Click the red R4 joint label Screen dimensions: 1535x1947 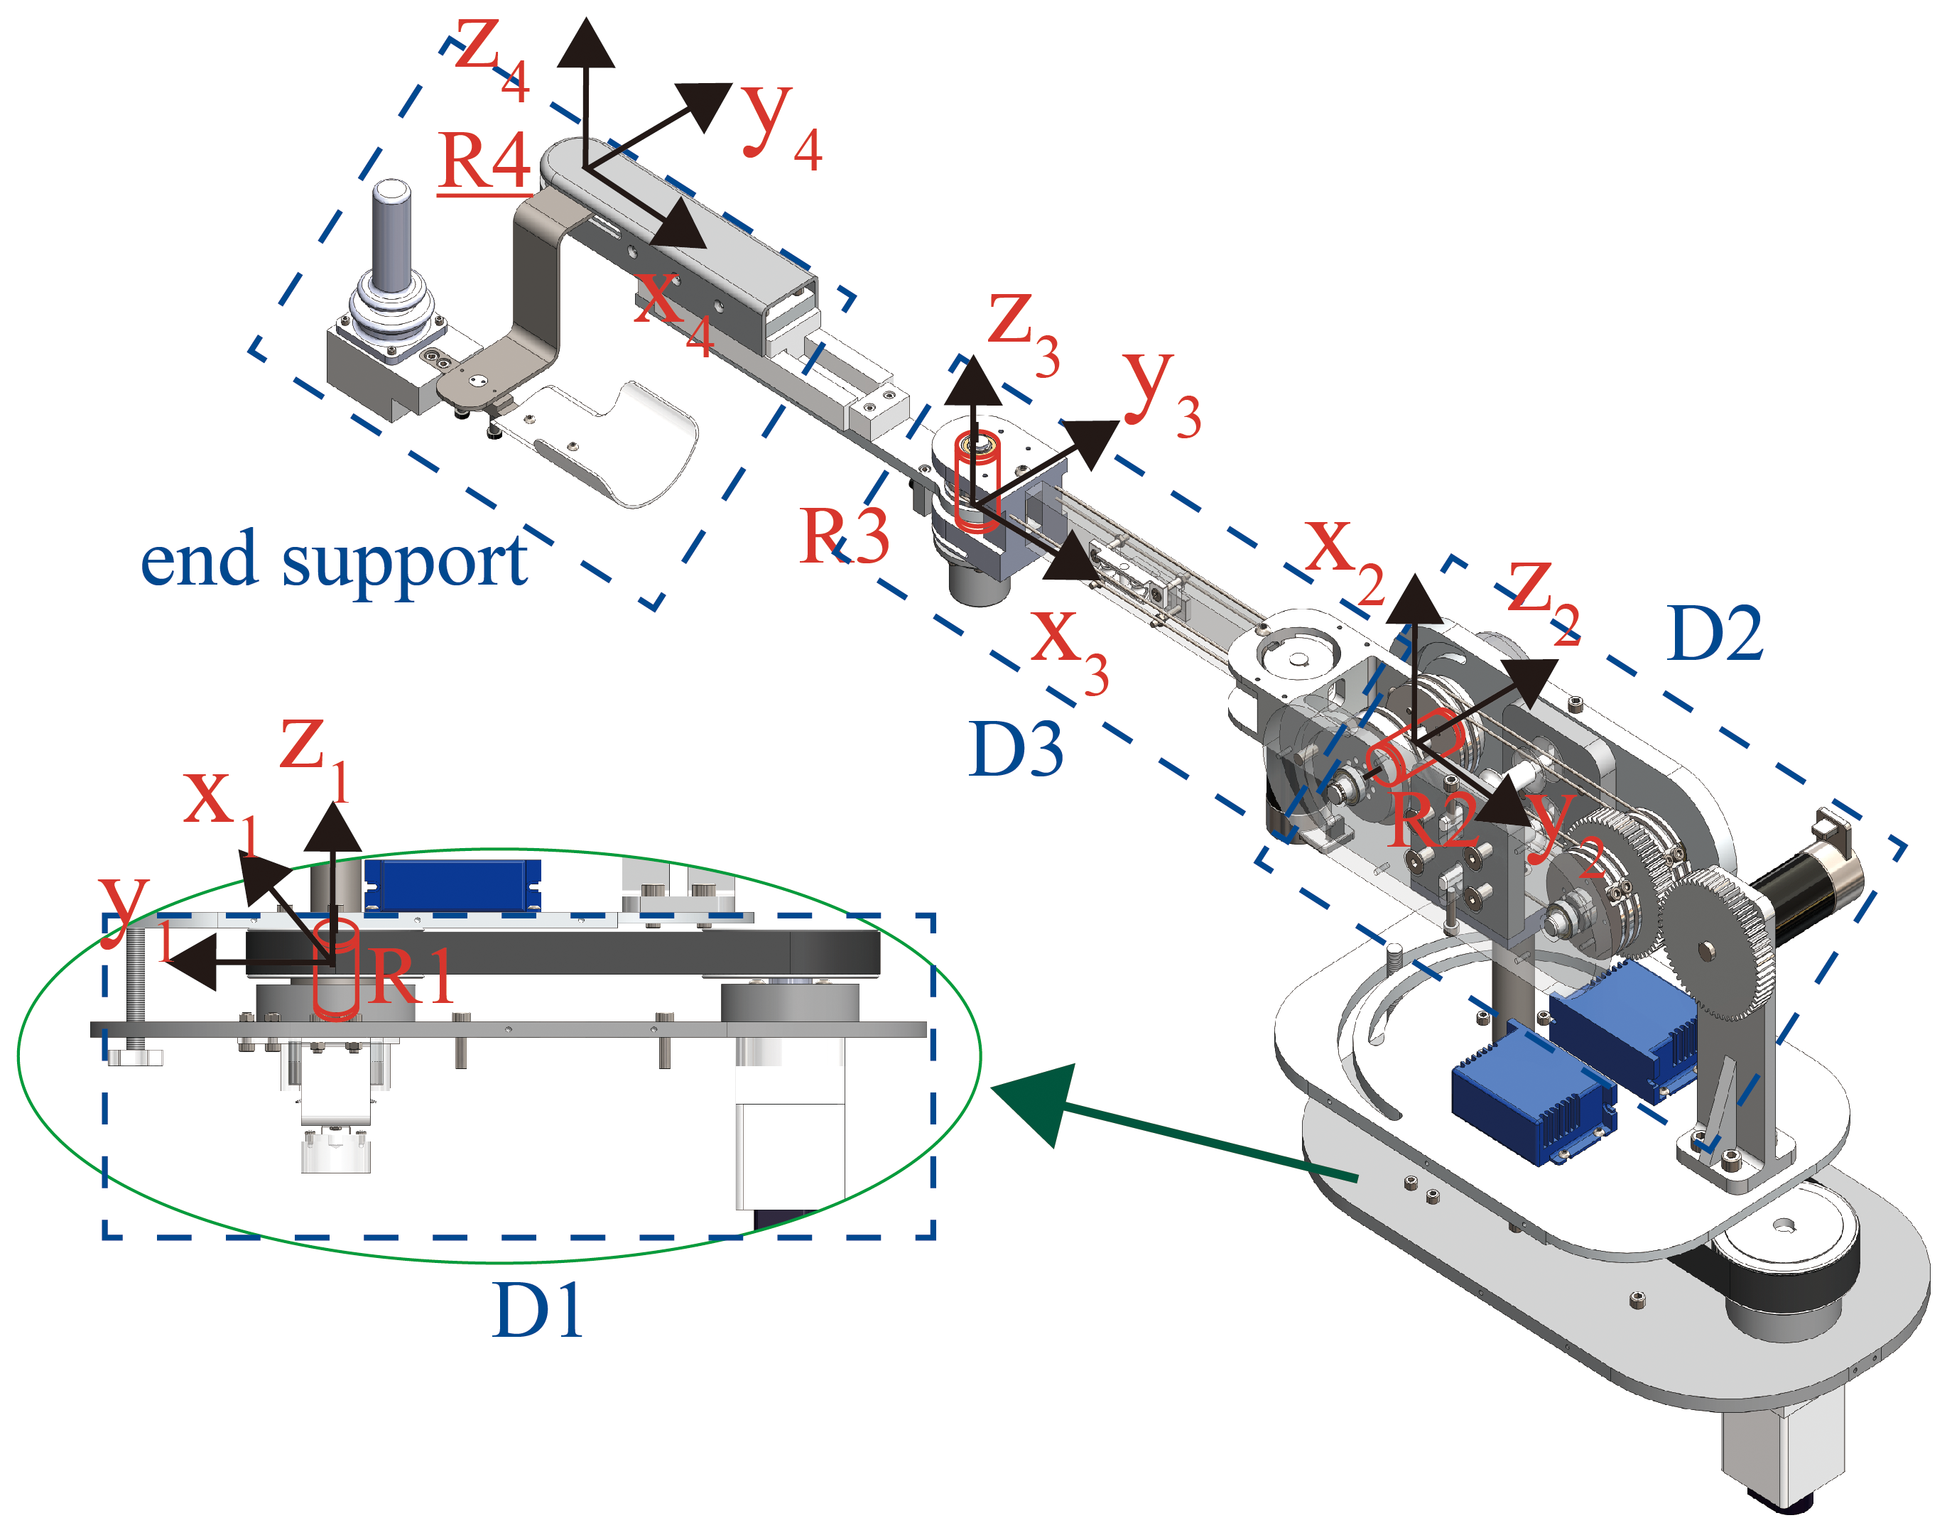(x=485, y=162)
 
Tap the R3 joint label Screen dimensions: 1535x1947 (x=845, y=536)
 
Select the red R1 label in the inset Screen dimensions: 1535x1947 (x=411, y=977)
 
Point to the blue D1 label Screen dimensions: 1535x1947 (x=538, y=1311)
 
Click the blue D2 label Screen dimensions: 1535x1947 (x=1714, y=634)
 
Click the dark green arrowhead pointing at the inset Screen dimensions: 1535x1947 (x=1034, y=1100)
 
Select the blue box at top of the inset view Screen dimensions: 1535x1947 (x=452, y=884)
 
